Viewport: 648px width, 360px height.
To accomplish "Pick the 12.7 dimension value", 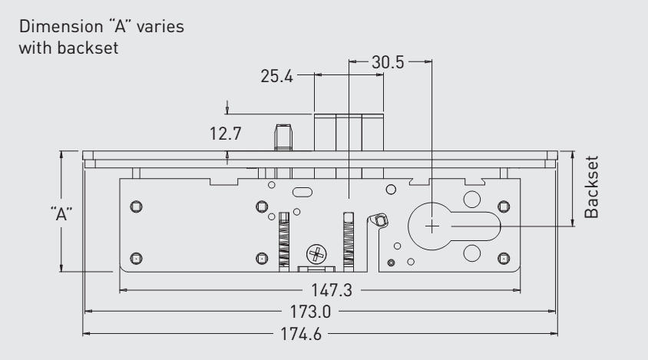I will pos(226,134).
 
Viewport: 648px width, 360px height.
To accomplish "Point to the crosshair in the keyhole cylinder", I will pos(431,226).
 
